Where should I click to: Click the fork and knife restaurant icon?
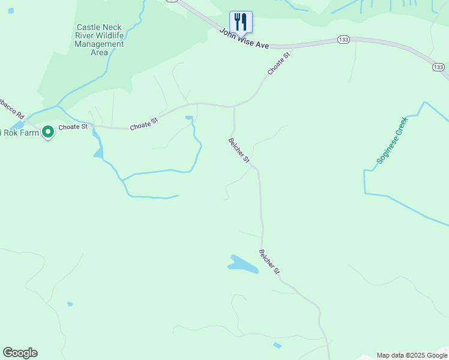241,22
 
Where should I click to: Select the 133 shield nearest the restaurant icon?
343,40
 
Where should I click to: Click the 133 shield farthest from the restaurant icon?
438,67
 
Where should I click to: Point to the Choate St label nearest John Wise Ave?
279,63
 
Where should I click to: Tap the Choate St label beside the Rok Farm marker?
73,127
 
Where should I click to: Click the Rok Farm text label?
17,133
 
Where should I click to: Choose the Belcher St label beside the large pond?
270,262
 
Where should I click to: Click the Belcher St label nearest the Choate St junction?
239,150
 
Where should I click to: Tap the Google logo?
20,353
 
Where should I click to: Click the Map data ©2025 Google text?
412,355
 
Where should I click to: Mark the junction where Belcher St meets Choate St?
234,107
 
